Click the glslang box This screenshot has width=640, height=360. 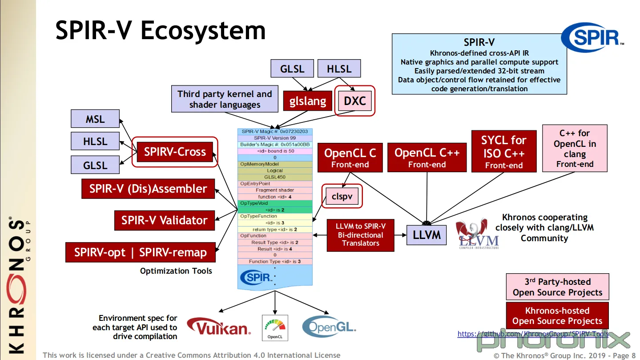click(x=307, y=101)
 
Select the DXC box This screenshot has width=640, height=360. click(x=354, y=101)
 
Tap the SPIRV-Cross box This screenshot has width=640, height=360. click(x=175, y=152)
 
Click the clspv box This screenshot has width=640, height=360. click(x=342, y=196)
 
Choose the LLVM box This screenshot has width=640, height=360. click(x=427, y=235)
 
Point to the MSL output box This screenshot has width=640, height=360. click(x=95, y=119)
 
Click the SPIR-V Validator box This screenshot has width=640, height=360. click(x=165, y=220)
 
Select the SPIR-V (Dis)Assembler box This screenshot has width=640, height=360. click(x=148, y=189)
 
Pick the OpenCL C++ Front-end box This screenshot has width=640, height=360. click(x=427, y=158)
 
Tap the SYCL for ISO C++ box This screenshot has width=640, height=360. click(x=503, y=152)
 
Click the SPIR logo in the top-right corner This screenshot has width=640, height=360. click(x=592, y=37)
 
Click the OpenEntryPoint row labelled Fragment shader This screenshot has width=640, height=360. click(x=275, y=190)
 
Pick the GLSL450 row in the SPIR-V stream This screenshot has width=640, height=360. click(x=275, y=177)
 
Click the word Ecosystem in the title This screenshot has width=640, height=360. click(x=203, y=31)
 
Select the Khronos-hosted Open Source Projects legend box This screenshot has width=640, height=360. click(x=557, y=316)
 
